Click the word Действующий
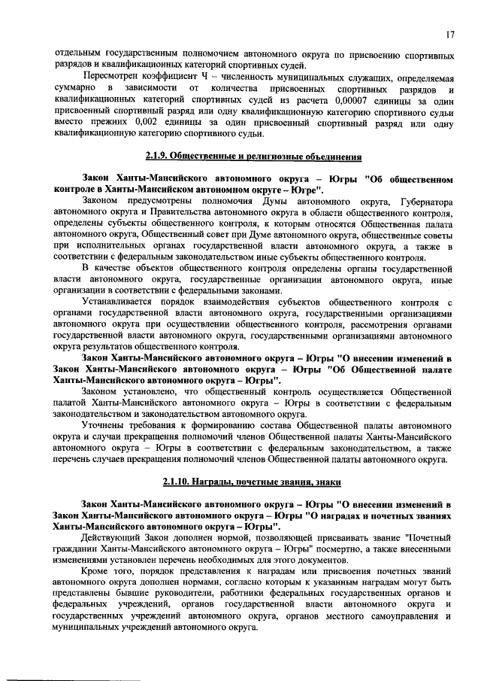116,538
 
